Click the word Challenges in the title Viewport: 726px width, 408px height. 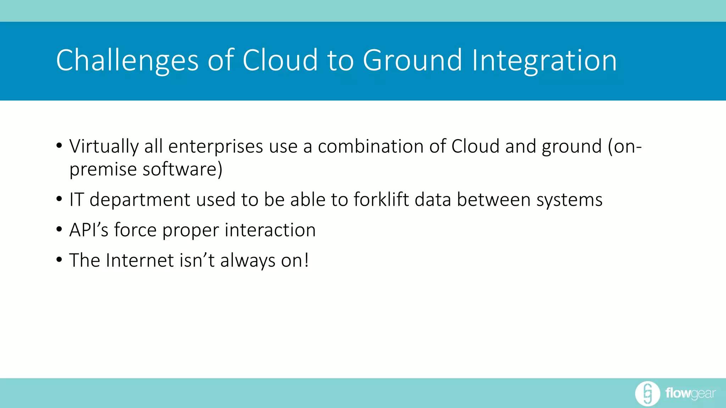click(127, 61)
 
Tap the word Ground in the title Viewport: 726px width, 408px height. click(412, 61)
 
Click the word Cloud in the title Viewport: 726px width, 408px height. click(280, 61)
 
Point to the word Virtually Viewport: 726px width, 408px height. click(104, 147)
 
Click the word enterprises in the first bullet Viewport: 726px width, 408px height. click(216, 147)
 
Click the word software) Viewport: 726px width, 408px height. click(182, 169)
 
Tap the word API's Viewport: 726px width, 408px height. click(89, 230)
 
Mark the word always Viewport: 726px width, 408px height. click(248, 261)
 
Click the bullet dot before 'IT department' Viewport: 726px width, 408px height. click(59, 199)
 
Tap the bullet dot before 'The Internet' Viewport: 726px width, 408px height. click(59, 260)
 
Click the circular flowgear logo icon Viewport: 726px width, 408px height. click(647, 393)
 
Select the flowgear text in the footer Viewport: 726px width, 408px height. click(690, 393)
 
